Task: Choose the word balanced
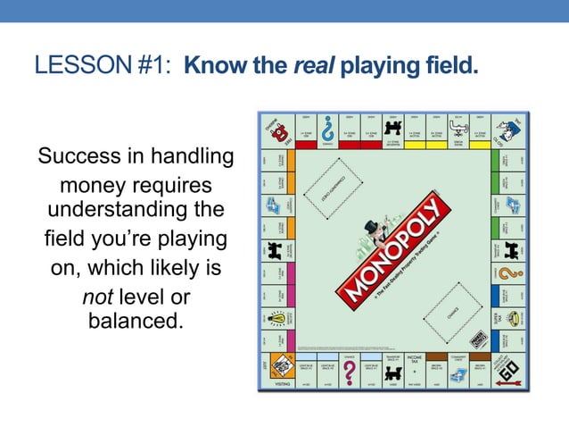pos(136,319)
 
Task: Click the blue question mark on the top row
pos(327,129)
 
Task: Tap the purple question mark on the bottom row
pos(350,370)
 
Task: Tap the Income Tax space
pos(414,365)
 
